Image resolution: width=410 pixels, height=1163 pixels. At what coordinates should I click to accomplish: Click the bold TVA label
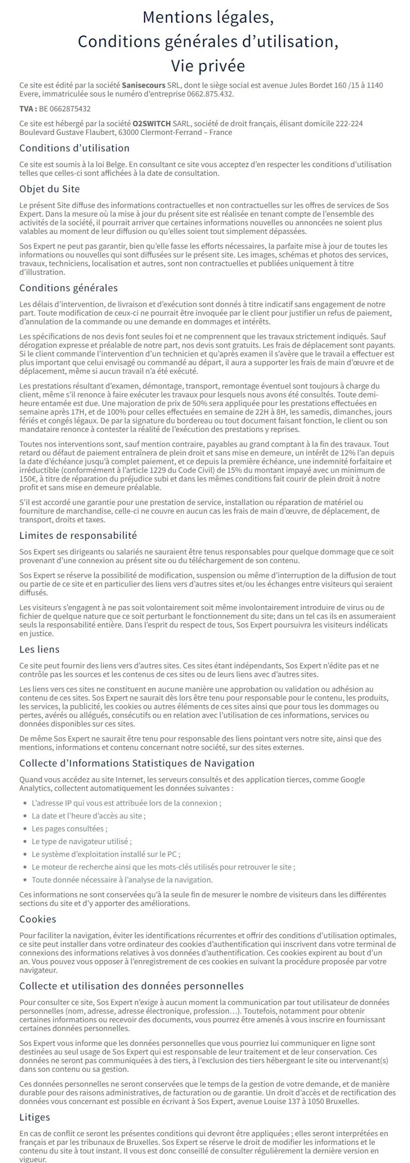point(28,109)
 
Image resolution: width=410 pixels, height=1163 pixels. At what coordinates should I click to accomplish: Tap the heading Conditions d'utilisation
point(74,148)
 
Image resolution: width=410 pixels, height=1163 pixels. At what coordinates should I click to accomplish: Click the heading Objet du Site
point(49,189)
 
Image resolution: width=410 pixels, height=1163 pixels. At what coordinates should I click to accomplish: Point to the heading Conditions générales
point(69,288)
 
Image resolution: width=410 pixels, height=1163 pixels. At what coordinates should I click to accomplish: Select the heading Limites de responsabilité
point(78,536)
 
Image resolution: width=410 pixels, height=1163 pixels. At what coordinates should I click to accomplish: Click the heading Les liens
point(40,649)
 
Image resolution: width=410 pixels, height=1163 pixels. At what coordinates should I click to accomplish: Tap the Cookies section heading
point(38,919)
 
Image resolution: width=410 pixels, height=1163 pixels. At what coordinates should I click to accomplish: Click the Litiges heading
point(35,1117)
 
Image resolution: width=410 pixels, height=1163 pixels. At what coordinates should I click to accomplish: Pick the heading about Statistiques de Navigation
point(137,763)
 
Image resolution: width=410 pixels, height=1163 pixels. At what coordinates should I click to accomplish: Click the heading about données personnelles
point(131,986)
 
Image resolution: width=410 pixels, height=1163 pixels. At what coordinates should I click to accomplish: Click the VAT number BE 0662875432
point(65,109)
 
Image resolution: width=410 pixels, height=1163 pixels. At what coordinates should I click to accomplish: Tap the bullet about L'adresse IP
point(126,803)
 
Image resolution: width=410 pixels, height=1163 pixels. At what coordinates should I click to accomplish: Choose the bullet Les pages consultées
point(69,829)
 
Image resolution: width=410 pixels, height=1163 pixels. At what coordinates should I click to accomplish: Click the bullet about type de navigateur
point(82,841)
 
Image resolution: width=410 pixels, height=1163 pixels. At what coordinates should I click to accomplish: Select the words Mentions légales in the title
point(208,17)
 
